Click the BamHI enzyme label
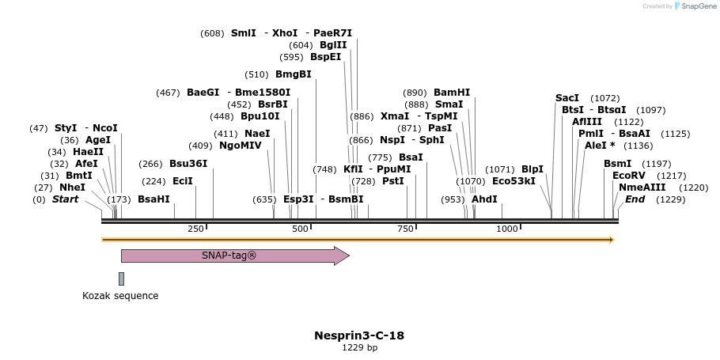[452, 93]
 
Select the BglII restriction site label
[333, 45]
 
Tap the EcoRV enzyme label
[628, 176]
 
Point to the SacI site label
[567, 98]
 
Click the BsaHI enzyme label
[153, 199]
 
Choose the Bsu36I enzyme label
[188, 164]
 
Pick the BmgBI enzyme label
[293, 74]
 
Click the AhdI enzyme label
[484, 199]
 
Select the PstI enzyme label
[393, 181]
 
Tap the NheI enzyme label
[72, 188]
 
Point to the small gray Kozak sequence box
[121, 279]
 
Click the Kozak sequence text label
[120, 296]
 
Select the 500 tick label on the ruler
[301, 229]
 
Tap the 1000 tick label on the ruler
[507, 229]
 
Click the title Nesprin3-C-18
[359, 335]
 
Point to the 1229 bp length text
[359, 347]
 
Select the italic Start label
[65, 199]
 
